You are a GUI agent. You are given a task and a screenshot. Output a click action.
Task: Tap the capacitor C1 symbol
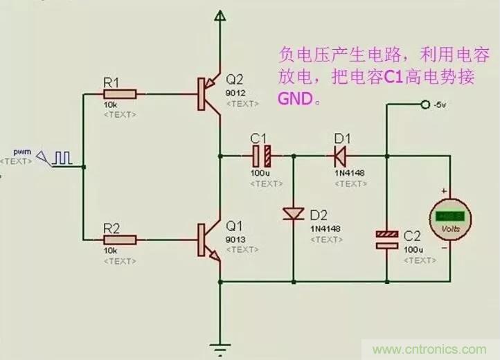tap(263, 154)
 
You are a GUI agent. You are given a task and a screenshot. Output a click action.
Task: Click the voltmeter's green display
tap(449, 215)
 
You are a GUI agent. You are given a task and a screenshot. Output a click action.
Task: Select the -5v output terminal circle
tap(425, 105)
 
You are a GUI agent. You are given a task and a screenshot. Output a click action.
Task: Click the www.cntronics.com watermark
tap(425, 350)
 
